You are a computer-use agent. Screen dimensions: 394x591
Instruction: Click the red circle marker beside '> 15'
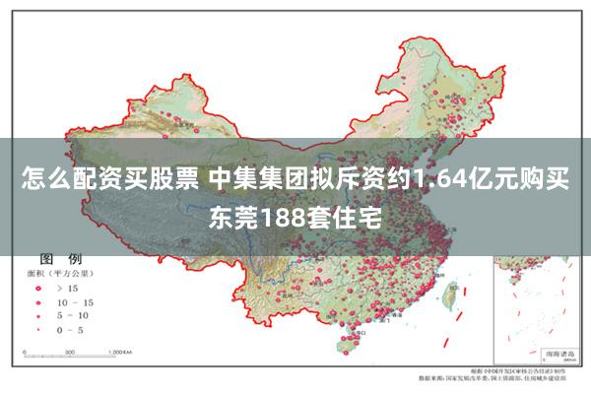point(39,290)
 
